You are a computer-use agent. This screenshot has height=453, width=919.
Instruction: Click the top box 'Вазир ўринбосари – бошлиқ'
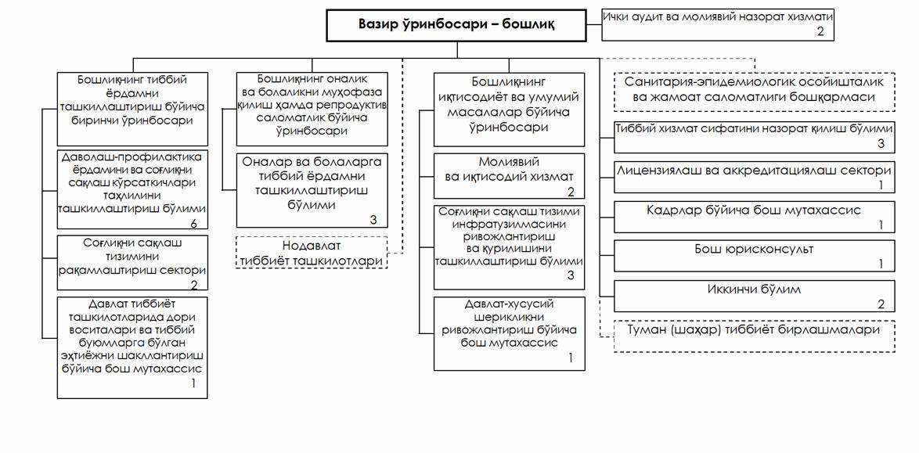(456, 25)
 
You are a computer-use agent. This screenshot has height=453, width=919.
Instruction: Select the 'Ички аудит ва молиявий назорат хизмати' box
(717, 25)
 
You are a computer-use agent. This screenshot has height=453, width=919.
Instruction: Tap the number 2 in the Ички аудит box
(820, 32)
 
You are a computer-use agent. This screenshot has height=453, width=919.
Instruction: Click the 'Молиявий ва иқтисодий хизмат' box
(509, 176)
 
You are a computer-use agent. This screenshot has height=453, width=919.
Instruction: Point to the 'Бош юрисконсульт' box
(755, 256)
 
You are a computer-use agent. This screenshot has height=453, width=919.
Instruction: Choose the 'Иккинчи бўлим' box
(755, 296)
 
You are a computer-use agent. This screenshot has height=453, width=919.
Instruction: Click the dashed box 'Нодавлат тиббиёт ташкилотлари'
(312, 252)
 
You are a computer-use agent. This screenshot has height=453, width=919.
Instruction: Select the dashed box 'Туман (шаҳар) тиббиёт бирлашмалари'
(755, 336)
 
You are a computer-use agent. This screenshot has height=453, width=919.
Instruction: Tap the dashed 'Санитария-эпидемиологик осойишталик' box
(755, 91)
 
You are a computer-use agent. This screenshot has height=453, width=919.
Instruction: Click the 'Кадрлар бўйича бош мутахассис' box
(755, 217)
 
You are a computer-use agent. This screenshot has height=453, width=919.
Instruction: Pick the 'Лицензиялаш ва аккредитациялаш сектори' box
(755, 177)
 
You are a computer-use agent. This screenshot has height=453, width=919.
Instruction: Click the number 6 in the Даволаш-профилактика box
(194, 223)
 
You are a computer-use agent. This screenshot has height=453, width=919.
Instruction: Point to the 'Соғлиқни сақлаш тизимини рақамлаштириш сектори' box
(132, 263)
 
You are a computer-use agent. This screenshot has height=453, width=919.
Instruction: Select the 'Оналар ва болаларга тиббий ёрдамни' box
(312, 190)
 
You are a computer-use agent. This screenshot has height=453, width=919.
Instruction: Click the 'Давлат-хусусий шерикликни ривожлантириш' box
(510, 333)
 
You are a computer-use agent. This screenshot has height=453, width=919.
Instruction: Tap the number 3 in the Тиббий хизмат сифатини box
(881, 144)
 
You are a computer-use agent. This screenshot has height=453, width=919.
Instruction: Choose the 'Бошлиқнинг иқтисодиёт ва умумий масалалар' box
(509, 110)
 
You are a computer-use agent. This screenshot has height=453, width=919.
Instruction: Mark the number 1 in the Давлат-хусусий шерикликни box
(569, 357)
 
